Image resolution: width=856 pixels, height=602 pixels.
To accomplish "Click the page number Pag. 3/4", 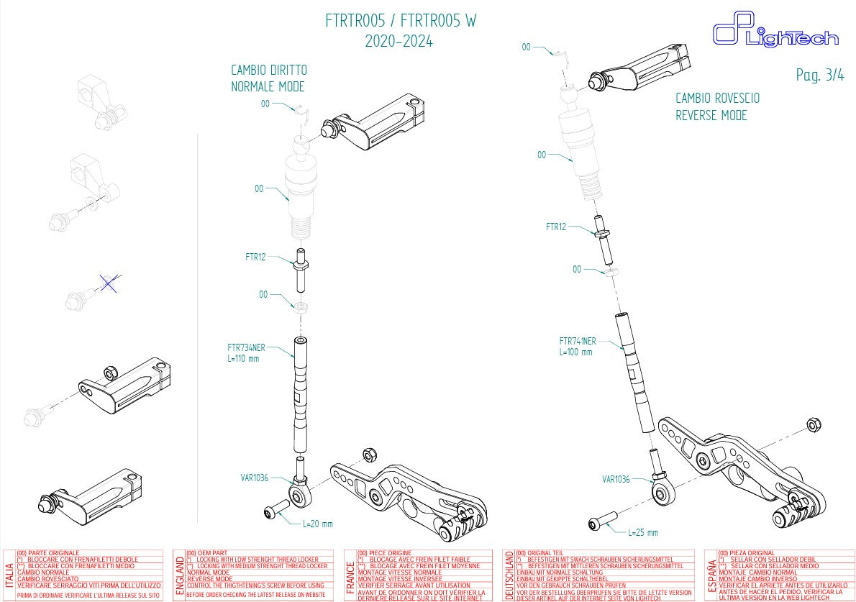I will (x=820, y=75).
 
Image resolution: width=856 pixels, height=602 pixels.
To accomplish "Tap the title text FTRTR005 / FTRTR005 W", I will (x=401, y=21).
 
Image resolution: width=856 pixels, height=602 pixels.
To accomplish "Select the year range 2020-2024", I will (x=399, y=42).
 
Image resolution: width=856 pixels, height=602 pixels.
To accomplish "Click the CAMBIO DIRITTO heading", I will (x=268, y=70).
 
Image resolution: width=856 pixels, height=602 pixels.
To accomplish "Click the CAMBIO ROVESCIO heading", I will (x=716, y=99).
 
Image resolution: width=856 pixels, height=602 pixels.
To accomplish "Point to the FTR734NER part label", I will (x=246, y=347).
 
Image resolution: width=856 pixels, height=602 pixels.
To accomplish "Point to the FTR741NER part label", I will (x=578, y=341).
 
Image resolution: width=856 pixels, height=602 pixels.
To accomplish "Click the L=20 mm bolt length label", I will (x=317, y=524).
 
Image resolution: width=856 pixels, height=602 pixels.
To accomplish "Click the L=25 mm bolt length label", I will (x=642, y=532).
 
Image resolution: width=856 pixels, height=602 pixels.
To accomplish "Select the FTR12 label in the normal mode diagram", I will (x=255, y=256).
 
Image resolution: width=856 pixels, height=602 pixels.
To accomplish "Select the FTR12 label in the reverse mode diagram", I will (x=556, y=227).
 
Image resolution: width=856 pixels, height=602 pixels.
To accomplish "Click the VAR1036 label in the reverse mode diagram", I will (x=615, y=478).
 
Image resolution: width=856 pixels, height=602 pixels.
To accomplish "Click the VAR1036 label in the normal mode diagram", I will (x=255, y=477).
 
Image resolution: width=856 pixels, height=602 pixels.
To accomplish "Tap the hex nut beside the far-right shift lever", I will (x=814, y=424).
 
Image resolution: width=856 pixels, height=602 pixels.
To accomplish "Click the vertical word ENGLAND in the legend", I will (x=179, y=576).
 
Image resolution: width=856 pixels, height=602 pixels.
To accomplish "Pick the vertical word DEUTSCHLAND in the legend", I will (x=509, y=575).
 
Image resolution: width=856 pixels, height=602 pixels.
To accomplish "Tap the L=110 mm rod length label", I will (x=242, y=358).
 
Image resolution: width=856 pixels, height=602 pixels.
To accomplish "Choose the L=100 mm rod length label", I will (x=575, y=352).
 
